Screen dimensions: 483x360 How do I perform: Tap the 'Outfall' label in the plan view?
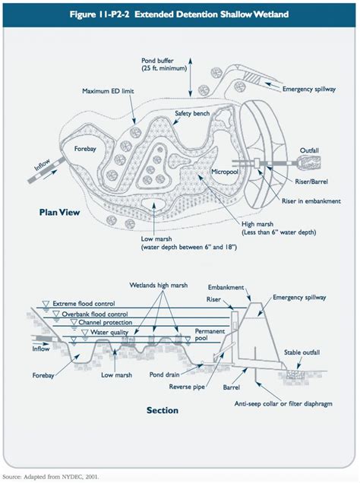point(311,150)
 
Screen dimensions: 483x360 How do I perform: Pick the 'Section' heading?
point(162,410)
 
